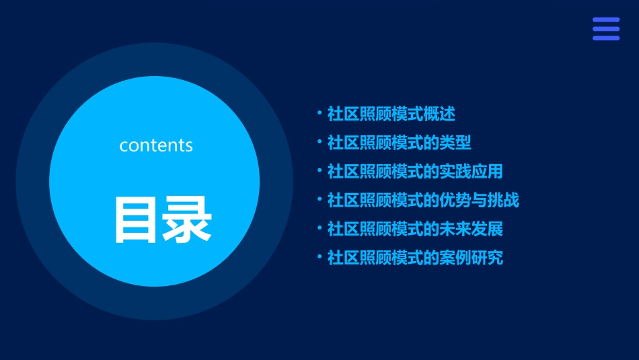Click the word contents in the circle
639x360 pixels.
click(156, 145)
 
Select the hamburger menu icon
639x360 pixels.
click(605, 29)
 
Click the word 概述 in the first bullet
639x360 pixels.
click(439, 114)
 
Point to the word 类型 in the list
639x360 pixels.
click(455, 143)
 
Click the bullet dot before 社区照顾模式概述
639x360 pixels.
click(319, 113)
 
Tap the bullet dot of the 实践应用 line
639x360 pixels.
click(319, 170)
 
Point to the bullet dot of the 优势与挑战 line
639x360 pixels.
click(319, 199)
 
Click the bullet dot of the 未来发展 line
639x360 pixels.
click(319, 227)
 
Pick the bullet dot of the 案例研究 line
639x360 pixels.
click(319, 256)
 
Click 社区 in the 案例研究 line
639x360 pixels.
click(343, 258)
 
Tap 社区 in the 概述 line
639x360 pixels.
click(343, 114)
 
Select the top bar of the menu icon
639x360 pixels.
click(605, 20)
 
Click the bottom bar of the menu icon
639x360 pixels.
click(605, 38)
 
